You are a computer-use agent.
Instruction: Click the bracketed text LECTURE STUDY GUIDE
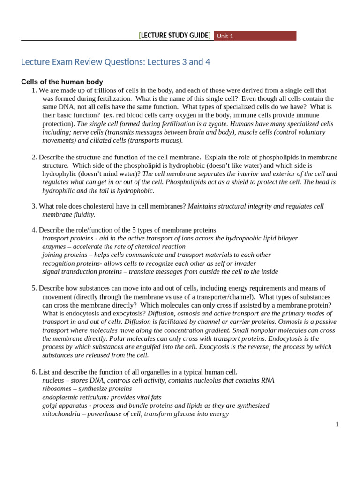pos(174,36)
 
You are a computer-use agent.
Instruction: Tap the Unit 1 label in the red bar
pos(225,36)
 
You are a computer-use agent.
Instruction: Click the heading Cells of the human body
pos(62,82)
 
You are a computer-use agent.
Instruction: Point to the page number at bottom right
pos(337,424)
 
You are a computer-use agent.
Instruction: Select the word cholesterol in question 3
pos(92,206)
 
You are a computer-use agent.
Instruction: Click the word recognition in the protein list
pos(59,263)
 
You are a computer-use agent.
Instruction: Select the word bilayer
pos(285,238)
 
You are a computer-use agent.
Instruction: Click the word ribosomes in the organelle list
pos(57,389)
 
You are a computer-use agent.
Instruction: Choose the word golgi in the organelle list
pos(50,405)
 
